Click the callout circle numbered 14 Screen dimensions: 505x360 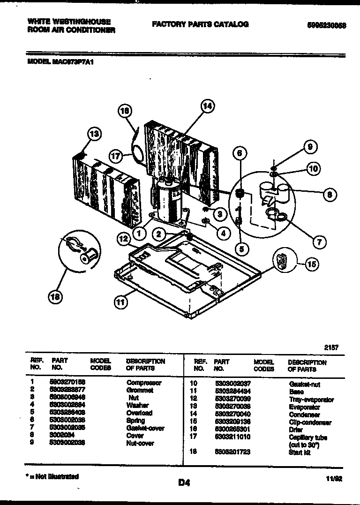tap(207, 106)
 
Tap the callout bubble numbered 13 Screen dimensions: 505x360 tap(94, 135)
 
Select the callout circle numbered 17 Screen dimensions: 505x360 tap(116, 156)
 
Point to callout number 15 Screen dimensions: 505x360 tap(312, 264)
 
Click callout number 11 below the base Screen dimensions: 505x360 tap(120, 302)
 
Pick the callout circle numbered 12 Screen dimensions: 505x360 tap(124, 239)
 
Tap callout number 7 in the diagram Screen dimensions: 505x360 tap(319, 242)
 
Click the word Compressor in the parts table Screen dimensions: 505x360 tap(144, 383)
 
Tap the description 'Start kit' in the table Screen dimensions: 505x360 tap(300, 452)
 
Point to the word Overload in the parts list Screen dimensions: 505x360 tap(139, 413)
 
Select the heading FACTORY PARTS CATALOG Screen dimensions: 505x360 tap(200, 24)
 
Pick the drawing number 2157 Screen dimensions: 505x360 tap(331, 347)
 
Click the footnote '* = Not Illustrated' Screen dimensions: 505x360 tap(52, 476)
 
